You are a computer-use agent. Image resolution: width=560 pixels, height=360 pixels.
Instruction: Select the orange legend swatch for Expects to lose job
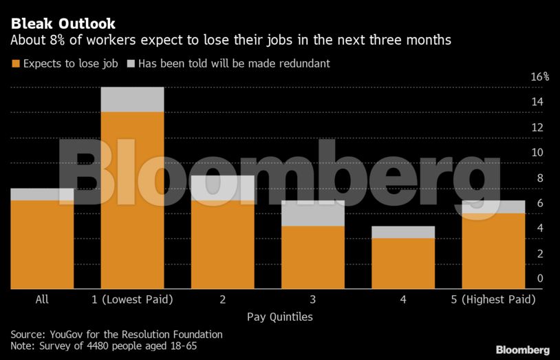[15, 64]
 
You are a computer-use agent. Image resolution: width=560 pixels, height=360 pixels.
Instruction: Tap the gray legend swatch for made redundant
[131, 64]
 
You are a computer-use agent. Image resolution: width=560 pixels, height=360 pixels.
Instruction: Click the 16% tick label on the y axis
[539, 77]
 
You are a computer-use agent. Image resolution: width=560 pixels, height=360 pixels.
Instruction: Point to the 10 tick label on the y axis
[539, 153]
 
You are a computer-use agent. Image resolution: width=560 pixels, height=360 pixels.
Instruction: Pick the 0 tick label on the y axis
[539, 279]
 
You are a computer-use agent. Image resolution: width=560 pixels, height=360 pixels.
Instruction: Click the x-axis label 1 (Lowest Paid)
[133, 299]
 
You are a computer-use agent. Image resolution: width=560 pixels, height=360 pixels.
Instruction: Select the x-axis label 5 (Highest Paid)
[493, 299]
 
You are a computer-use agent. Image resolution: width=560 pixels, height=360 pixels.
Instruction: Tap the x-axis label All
[42, 299]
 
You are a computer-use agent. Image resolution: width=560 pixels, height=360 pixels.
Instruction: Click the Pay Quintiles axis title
[279, 317]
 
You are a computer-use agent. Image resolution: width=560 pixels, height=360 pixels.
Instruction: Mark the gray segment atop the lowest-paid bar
[133, 100]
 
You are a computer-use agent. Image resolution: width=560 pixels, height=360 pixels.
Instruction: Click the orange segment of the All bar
[42, 244]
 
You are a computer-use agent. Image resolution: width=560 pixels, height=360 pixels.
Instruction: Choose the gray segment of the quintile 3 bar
[313, 213]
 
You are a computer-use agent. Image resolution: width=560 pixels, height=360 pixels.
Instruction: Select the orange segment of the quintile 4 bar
[403, 263]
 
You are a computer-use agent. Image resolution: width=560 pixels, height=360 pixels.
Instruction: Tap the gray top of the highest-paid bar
[493, 207]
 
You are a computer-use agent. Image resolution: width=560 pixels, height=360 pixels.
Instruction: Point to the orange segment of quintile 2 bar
[223, 244]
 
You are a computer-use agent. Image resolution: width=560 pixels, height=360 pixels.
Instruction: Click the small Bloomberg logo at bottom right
[522, 350]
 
